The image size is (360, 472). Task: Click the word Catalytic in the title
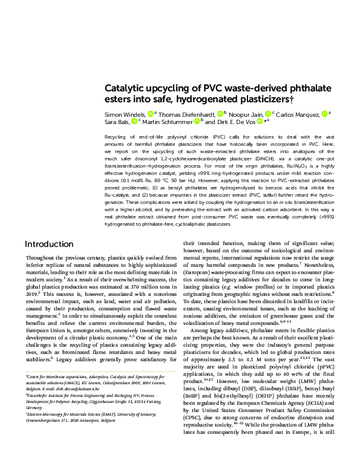125,88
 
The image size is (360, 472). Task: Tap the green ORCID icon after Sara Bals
133,121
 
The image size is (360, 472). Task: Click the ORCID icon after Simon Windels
150,113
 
